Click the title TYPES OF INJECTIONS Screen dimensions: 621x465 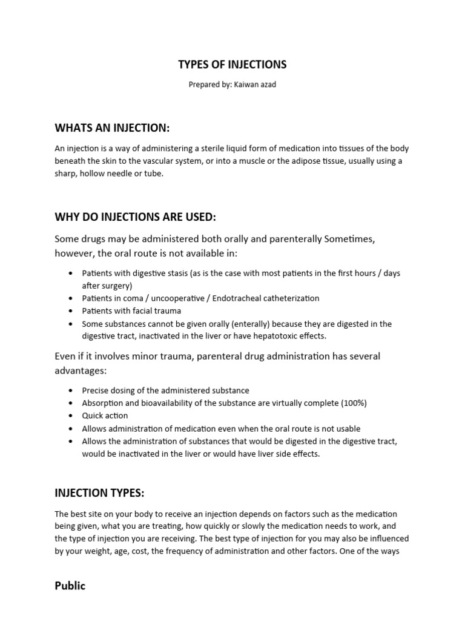click(x=232, y=64)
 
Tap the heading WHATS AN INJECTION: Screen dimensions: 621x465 click(x=112, y=127)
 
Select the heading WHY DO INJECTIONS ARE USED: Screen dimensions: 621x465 click(x=135, y=217)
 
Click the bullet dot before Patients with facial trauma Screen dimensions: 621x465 click(x=73, y=311)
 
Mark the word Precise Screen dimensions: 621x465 click(x=95, y=391)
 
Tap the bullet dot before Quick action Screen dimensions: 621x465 click(x=73, y=416)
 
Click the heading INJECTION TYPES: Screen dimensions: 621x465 click(x=99, y=493)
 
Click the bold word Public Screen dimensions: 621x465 click(x=70, y=586)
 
